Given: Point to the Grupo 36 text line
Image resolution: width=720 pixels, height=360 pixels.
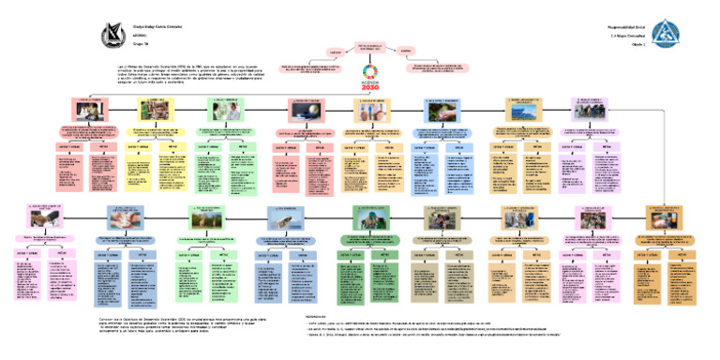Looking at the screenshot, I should pos(141,42).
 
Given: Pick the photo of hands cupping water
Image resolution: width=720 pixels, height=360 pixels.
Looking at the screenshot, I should pos(442,110).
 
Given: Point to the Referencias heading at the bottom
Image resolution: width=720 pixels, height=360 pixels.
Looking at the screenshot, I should pos(319,316).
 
